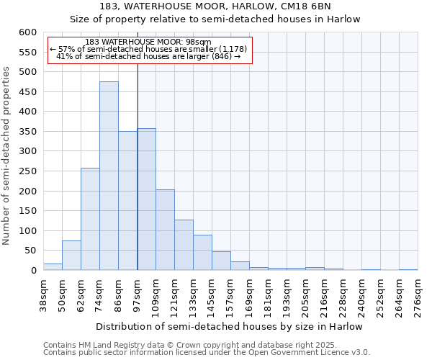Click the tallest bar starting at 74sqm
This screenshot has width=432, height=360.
click(109, 176)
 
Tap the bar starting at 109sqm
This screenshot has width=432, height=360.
click(165, 230)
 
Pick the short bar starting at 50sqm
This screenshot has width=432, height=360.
click(71, 256)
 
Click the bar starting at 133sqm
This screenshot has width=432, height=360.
click(202, 253)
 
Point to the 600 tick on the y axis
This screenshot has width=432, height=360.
click(27, 32)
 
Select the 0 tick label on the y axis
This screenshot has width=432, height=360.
click(33, 271)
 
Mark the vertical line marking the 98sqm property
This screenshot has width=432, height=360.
click(138, 166)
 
